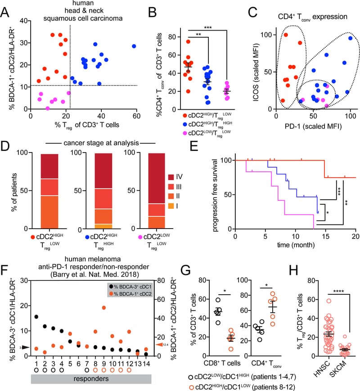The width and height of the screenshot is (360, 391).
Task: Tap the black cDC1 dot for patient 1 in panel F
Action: [x=36, y=317]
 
